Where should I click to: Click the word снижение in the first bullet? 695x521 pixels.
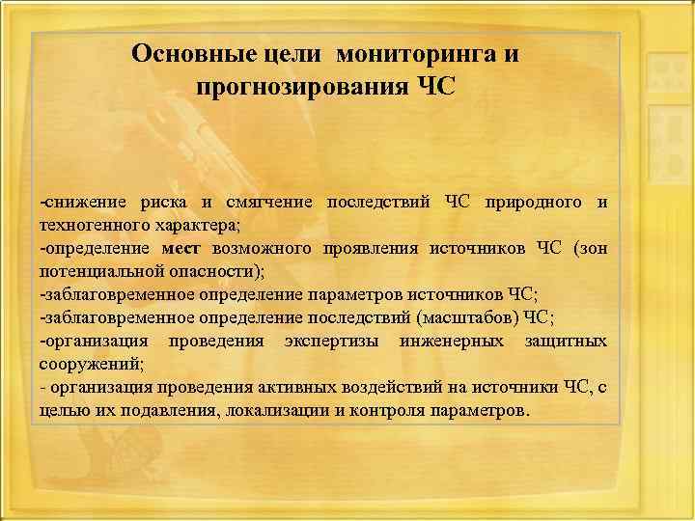(80, 202)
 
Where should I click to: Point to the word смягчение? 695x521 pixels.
(268, 202)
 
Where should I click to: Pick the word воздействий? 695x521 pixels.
(389, 387)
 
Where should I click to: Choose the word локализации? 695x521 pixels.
(271, 410)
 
